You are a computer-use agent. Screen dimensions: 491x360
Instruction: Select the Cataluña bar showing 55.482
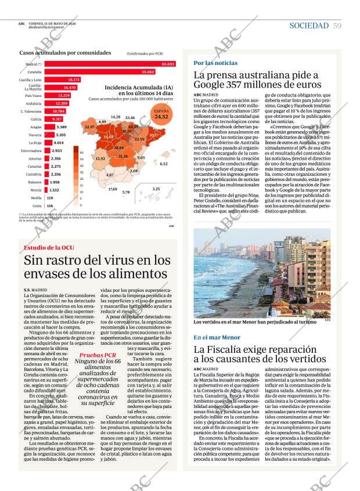[93, 71]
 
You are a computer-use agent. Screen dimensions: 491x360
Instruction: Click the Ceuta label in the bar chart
[37, 205]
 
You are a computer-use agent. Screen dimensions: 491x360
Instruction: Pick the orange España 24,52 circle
[161, 114]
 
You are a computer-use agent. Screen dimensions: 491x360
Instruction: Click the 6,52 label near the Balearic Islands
[164, 164]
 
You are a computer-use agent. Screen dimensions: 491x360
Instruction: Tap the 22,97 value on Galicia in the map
[90, 127]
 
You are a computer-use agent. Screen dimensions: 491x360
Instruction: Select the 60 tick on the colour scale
[81, 151]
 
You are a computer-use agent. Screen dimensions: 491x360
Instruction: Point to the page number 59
[337, 26]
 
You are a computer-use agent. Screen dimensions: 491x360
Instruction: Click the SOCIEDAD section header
[308, 26]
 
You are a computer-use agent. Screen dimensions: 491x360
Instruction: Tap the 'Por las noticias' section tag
[215, 63]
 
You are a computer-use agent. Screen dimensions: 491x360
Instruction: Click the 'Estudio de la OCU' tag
[48, 248]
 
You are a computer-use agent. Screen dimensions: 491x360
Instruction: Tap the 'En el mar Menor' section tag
[217, 337]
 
